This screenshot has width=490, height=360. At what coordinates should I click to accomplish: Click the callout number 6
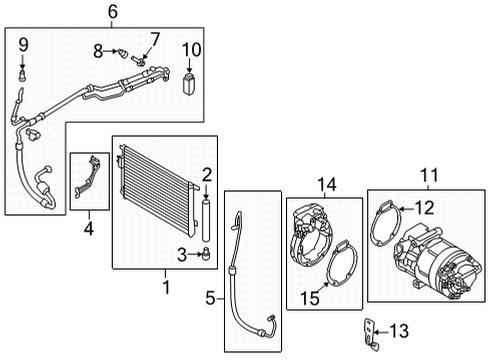pyautogui.click(x=113, y=11)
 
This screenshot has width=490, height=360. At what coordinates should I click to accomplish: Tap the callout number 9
pyautogui.click(x=23, y=45)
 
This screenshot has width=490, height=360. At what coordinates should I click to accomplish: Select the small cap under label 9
pyautogui.click(x=22, y=75)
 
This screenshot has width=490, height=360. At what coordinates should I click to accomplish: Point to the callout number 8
pyautogui.click(x=98, y=51)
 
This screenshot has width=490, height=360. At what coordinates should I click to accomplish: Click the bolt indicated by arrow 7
pyautogui.click(x=138, y=61)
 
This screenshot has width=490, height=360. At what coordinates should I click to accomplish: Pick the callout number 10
pyautogui.click(x=192, y=50)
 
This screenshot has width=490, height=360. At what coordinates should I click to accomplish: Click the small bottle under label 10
pyautogui.click(x=189, y=84)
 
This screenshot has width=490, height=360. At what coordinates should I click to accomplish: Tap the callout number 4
pyautogui.click(x=89, y=228)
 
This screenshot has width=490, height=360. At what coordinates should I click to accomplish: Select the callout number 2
pyautogui.click(x=207, y=175)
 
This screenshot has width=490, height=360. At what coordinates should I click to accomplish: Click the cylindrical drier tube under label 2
pyautogui.click(x=206, y=220)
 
